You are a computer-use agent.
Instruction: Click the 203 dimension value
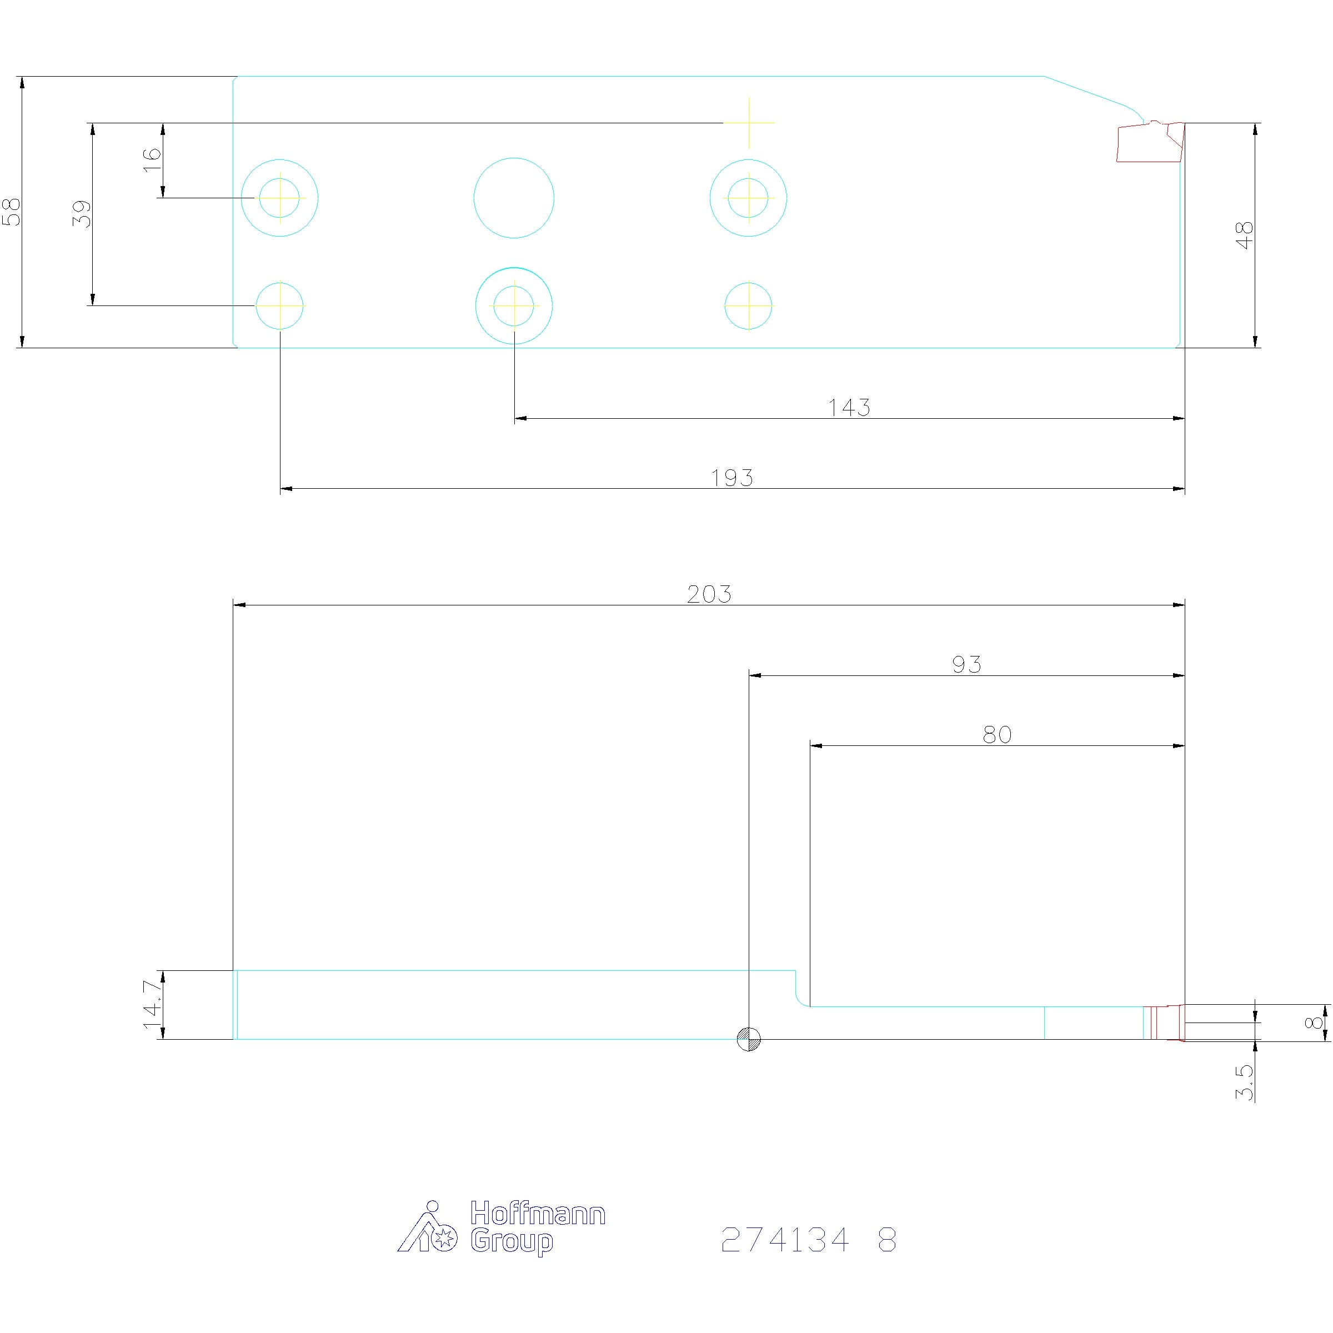709,594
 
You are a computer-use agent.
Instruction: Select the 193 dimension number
732,478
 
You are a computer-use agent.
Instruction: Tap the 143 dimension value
849,408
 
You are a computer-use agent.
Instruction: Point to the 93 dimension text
966,664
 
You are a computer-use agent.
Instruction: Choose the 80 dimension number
997,735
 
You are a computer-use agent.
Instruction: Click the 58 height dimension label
12,212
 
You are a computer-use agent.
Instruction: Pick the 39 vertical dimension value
82,214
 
